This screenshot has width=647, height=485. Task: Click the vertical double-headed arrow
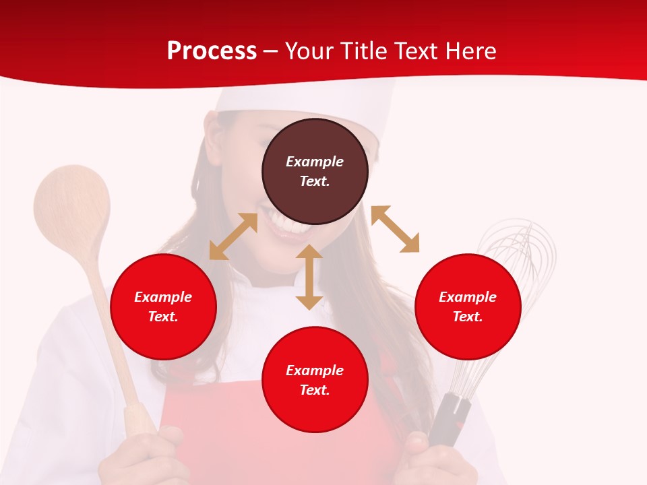click(309, 277)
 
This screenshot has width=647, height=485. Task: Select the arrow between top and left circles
click(233, 236)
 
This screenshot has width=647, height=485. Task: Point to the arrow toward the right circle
click(395, 229)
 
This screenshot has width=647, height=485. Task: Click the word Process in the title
click(212, 51)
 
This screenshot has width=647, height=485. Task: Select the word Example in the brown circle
click(315, 162)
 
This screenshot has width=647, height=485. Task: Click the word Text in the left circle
click(163, 317)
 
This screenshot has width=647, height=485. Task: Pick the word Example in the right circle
click(468, 297)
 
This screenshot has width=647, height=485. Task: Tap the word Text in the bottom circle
click(315, 390)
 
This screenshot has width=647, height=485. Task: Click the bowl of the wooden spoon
click(72, 205)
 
